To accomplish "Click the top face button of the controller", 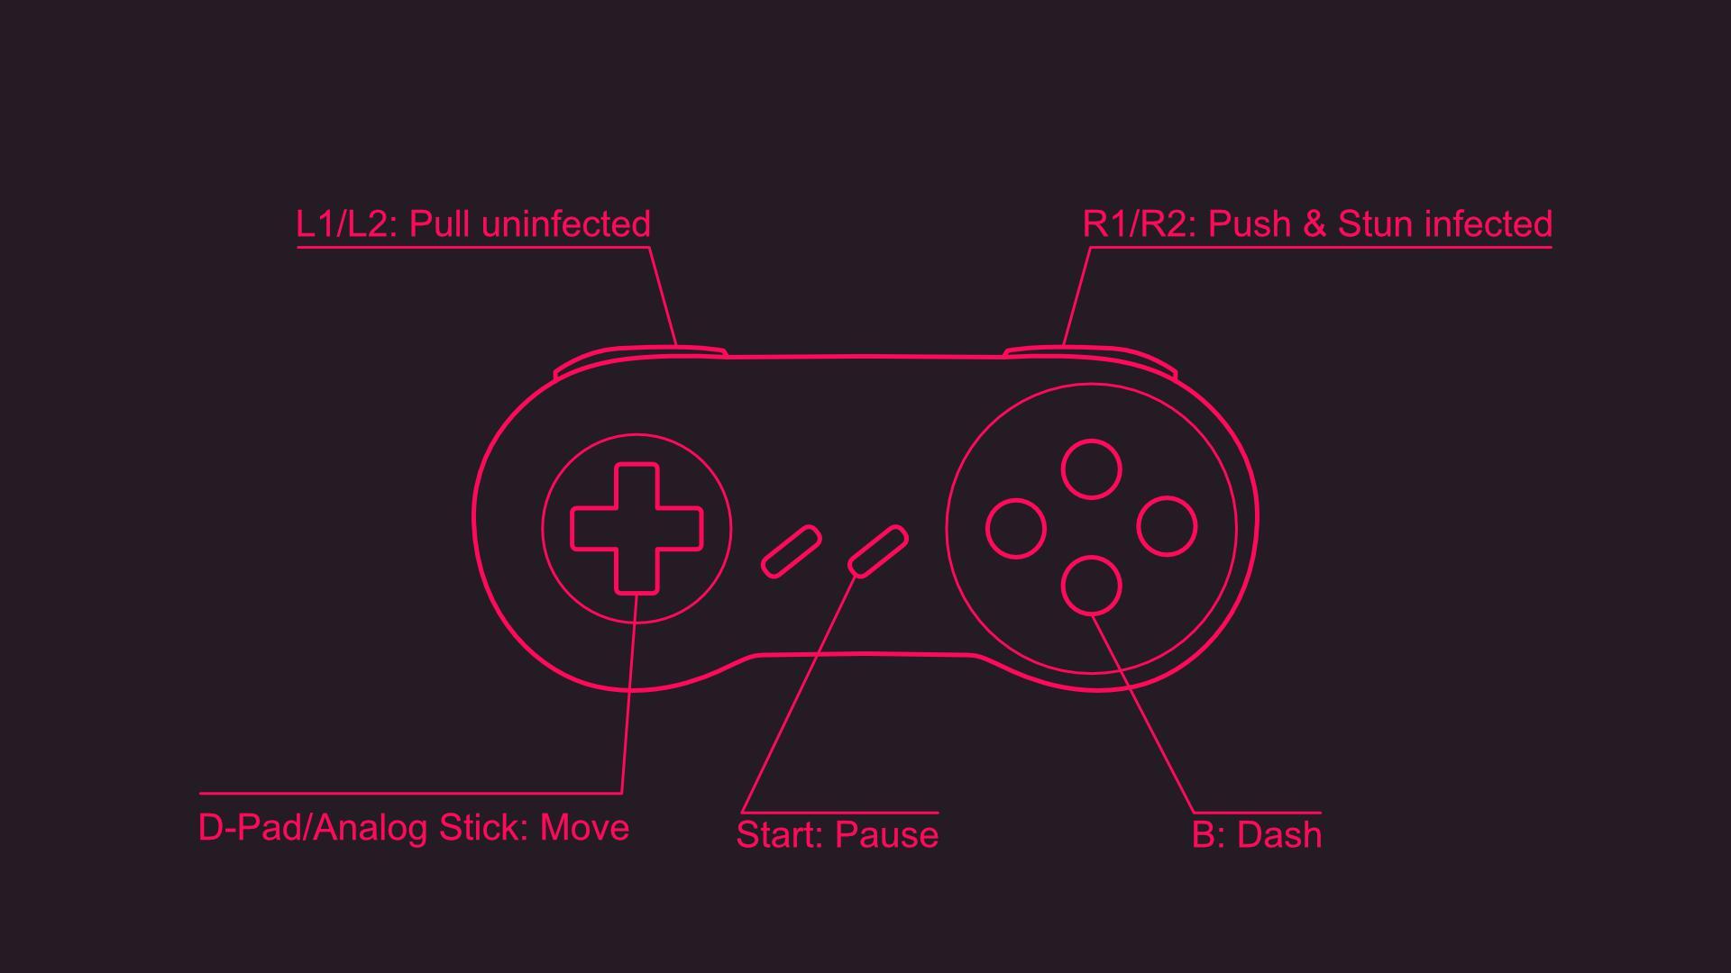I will pyautogui.click(x=1091, y=469).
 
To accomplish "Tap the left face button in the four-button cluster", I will pyautogui.click(x=1016, y=528).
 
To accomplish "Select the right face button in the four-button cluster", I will pyautogui.click(x=1167, y=526).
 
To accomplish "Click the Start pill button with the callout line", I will pyautogui.click(x=878, y=550).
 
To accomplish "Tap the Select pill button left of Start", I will pyautogui.click(x=791, y=551).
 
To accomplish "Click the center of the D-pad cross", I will pyautogui.click(x=637, y=529).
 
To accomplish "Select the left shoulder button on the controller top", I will pyautogui.click(x=640, y=357).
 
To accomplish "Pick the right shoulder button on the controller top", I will pyautogui.click(x=1091, y=354).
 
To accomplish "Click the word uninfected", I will pyautogui.click(x=566, y=224).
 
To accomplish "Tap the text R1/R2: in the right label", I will pyautogui.click(x=1140, y=224).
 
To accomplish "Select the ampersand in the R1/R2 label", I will pyautogui.click(x=1314, y=224).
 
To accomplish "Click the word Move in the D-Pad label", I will pyautogui.click(x=584, y=828).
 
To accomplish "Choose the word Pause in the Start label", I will pyautogui.click(x=886, y=835).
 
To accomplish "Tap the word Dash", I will pyautogui.click(x=1279, y=835).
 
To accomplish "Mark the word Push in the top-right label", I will pyautogui.click(x=1250, y=224).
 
